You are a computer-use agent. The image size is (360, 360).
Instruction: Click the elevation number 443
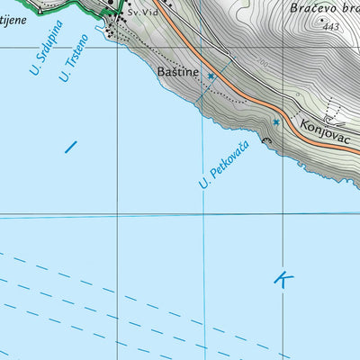point(332,28)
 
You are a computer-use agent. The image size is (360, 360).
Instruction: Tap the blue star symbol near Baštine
point(211,76)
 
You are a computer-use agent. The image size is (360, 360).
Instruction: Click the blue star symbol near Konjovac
point(276,121)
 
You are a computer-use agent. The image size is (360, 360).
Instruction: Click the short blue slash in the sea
point(71,145)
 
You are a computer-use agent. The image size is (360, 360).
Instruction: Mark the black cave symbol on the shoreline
point(265,140)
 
